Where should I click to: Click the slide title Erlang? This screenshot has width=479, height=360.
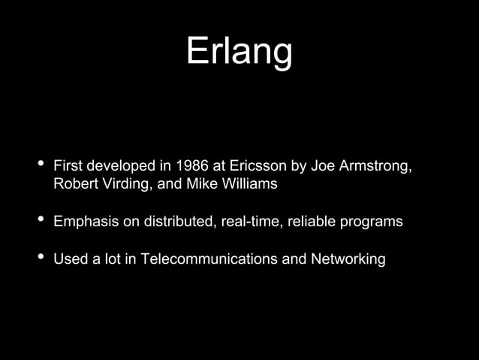coord(239,52)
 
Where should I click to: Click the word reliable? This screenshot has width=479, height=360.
coord(306,222)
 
